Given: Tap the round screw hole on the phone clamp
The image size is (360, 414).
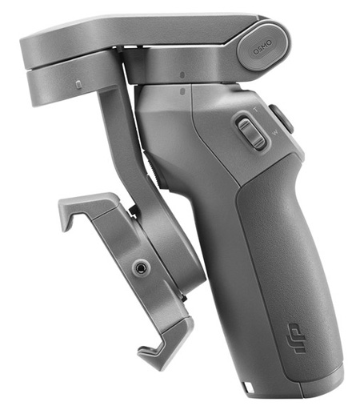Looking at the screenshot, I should click(x=143, y=265).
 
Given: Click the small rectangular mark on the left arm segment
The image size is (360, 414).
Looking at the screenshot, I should click(x=77, y=82).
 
